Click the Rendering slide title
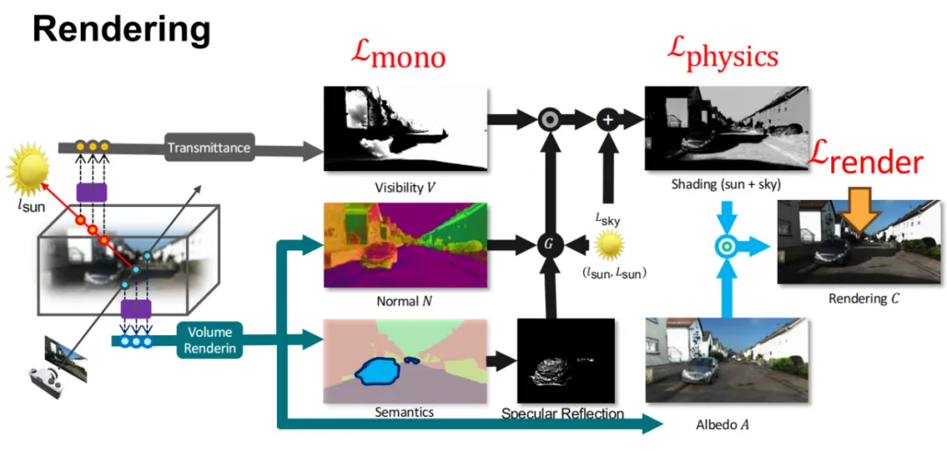pos(122,30)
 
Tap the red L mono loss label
pos(398,55)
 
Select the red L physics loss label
pos(721,55)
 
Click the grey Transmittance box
pos(209,147)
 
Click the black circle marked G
pos(550,242)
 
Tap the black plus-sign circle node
pos(608,118)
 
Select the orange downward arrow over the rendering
pos(861,210)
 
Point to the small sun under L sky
pos(607,244)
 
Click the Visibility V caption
pos(404,187)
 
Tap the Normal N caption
pos(404,301)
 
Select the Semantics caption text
pos(404,411)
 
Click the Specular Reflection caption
pos(563,413)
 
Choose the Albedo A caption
pos(723,425)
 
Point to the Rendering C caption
pos(864,298)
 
